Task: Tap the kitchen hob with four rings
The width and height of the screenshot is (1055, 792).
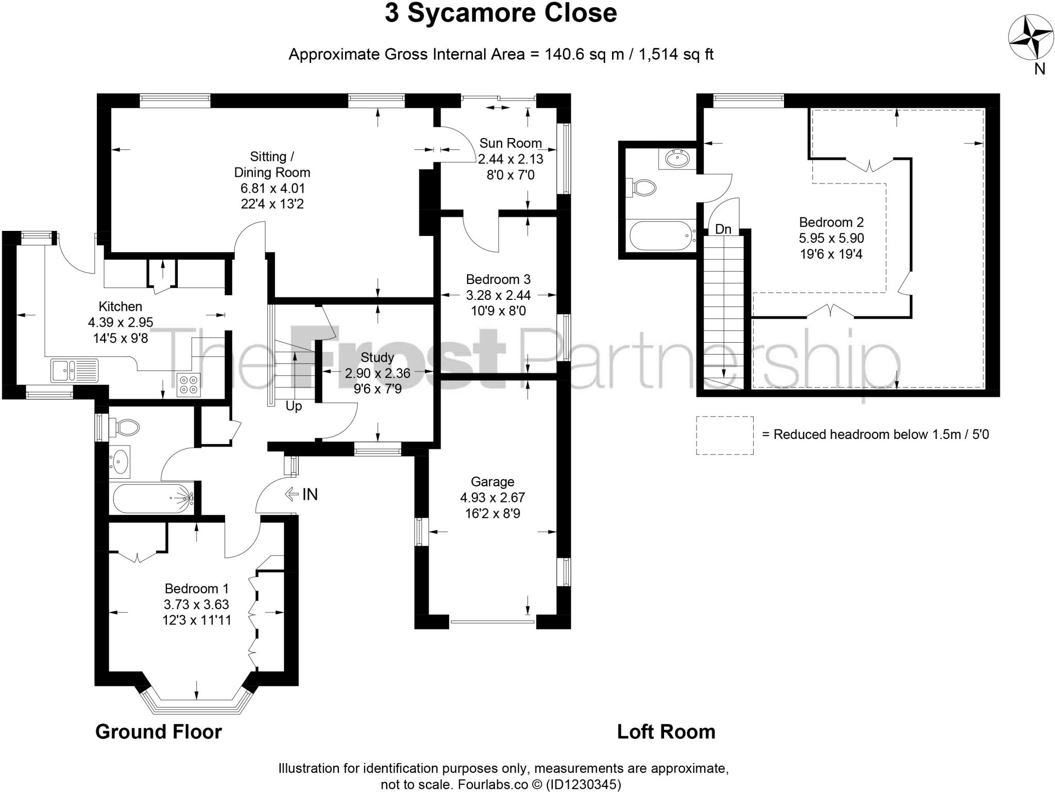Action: (188, 384)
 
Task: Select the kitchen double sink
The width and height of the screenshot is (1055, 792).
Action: (75, 370)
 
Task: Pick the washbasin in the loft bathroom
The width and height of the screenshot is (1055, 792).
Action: (677, 158)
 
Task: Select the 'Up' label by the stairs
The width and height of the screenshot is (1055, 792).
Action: (294, 407)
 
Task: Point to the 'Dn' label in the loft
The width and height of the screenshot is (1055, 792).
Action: (723, 229)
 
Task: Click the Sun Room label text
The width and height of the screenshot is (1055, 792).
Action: (511, 143)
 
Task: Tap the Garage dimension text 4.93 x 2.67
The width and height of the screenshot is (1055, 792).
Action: (492, 498)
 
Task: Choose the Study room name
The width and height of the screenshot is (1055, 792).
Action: (377, 358)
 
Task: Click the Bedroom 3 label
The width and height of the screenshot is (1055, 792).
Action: (498, 279)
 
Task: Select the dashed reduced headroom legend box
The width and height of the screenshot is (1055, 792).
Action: (724, 435)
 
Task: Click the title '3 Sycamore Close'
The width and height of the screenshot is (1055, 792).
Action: (500, 14)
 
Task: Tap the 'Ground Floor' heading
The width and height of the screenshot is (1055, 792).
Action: (158, 732)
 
